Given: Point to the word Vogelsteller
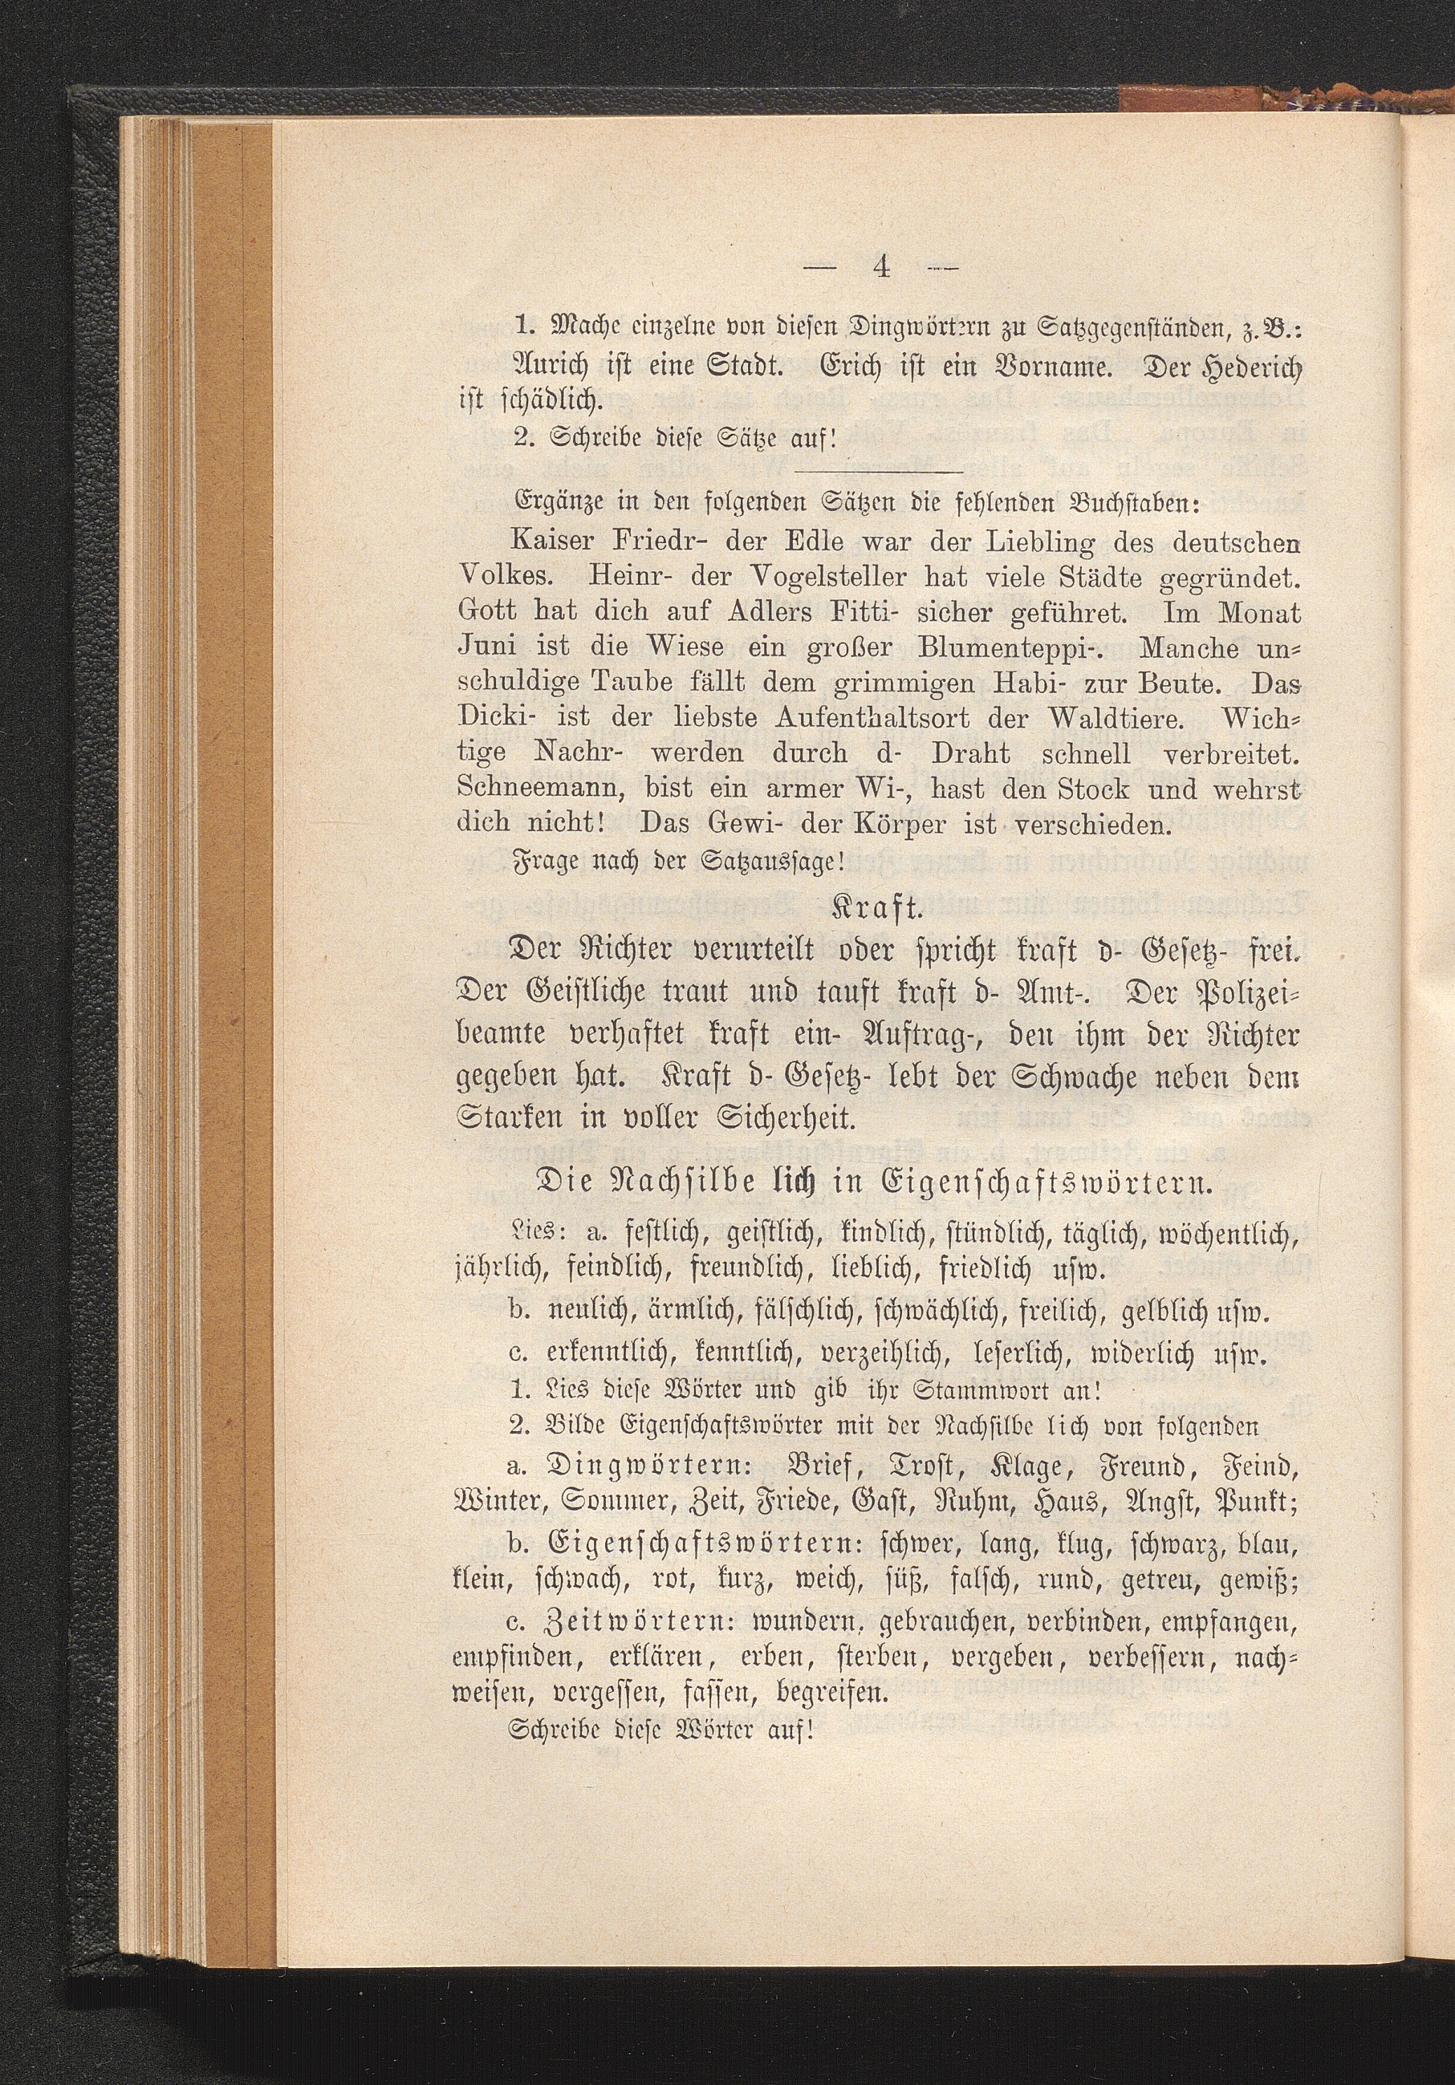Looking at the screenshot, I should (x=786, y=576).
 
